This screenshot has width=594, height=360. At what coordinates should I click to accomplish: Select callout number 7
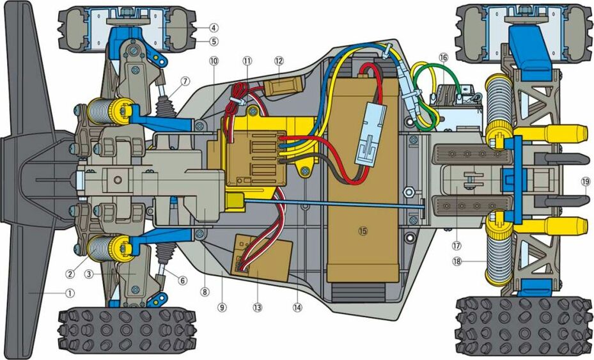pyautogui.click(x=184, y=81)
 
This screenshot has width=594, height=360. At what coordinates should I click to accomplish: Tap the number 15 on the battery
pyautogui.click(x=363, y=231)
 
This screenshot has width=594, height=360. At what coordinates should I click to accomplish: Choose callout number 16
pyautogui.click(x=443, y=57)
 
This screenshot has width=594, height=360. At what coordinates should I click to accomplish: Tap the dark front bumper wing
pyautogui.click(x=29, y=179)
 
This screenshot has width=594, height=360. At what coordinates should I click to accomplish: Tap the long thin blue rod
pyautogui.click(x=332, y=205)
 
